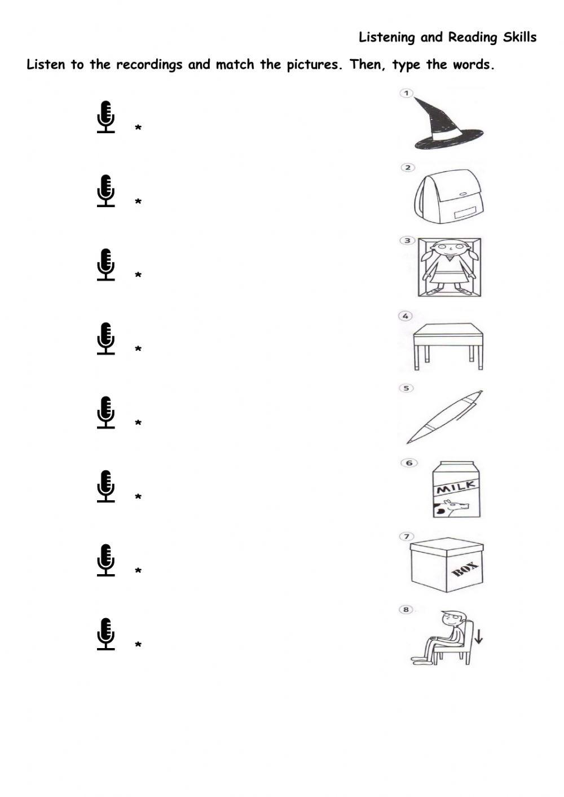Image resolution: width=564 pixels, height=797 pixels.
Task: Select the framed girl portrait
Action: point(450,267)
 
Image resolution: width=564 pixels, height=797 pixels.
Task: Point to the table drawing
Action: point(448,345)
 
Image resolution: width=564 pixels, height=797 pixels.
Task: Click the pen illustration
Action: point(445,417)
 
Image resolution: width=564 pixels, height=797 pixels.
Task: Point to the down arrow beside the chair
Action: point(478,636)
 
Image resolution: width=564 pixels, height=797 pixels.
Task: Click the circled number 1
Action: point(406,93)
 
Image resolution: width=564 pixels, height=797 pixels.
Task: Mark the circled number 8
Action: point(406,610)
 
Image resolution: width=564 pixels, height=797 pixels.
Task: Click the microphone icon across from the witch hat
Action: point(105,117)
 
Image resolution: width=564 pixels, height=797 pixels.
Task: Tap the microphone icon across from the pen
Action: point(105,412)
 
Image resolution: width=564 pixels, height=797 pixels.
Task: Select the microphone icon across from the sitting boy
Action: point(105,634)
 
